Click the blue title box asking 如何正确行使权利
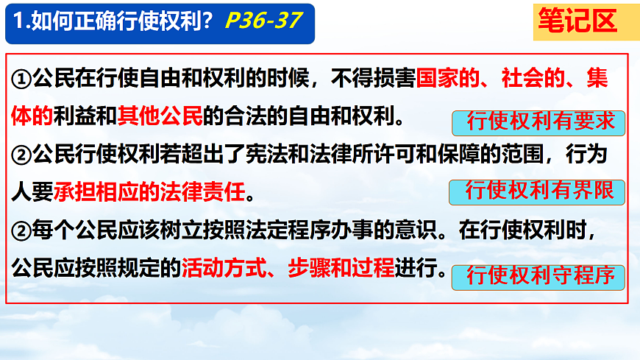coord(159,22)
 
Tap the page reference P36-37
coord(263,21)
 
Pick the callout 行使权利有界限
coord(536,192)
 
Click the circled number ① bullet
coord(23,80)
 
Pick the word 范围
coord(523,155)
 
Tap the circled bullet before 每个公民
coord(23,233)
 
